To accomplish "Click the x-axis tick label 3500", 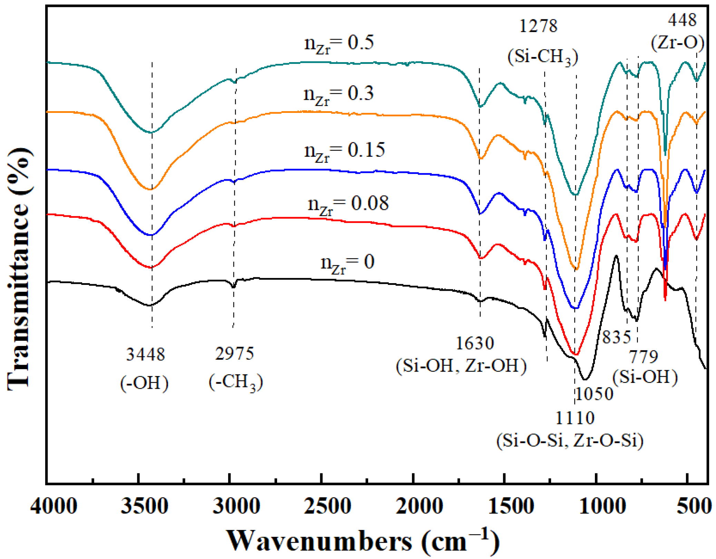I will click(145, 507).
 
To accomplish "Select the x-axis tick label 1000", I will click(602, 507).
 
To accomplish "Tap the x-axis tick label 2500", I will click(327, 507).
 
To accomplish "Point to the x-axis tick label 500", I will click(694, 507).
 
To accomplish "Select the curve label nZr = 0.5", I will click(339, 44).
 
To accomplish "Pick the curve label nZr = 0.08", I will click(348, 204).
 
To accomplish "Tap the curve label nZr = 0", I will click(347, 263).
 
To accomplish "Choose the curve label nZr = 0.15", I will click(344, 151).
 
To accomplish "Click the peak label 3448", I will click(145, 355).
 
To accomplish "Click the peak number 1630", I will click(475, 343).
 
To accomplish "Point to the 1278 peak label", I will click(538, 26).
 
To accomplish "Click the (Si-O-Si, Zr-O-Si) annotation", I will click(570, 441).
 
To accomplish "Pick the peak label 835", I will click(617, 337).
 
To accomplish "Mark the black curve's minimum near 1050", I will click(585, 379).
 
